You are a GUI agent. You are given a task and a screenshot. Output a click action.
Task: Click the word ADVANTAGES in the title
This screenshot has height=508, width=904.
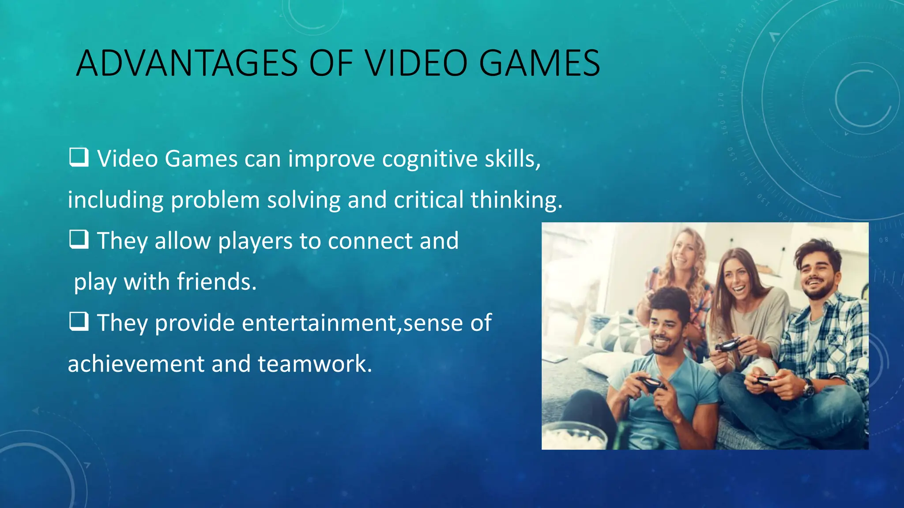pyautogui.click(x=187, y=63)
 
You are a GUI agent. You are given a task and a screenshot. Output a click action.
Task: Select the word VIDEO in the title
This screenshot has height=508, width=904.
pyautogui.click(x=416, y=63)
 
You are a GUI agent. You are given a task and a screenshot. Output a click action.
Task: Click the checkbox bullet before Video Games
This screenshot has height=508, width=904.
pyautogui.click(x=79, y=157)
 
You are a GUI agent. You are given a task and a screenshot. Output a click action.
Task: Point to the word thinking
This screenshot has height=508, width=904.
pyautogui.click(x=516, y=200)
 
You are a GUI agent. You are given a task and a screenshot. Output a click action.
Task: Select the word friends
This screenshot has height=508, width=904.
pyautogui.click(x=216, y=282)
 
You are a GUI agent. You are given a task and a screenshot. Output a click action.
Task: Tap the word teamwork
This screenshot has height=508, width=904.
pyautogui.click(x=315, y=364)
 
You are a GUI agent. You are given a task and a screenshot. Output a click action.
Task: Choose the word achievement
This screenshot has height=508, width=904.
pyautogui.click(x=136, y=364)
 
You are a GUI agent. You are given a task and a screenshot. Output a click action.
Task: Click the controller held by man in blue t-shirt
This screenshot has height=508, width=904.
pyautogui.click(x=650, y=384)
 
